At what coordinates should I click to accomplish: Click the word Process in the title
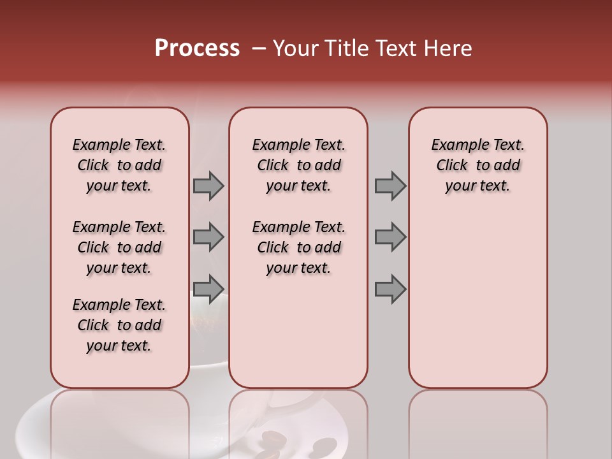point(197,48)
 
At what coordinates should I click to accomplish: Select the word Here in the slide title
point(446,48)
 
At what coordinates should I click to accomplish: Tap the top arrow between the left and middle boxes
point(208,186)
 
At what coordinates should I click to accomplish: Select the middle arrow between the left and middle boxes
point(208,237)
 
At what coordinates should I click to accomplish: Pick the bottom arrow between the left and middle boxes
point(208,289)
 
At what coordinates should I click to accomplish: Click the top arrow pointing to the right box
point(390,186)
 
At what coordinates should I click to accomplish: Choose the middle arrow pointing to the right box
point(390,237)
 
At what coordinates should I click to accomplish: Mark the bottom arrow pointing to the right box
point(390,289)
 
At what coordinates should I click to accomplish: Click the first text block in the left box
point(119,165)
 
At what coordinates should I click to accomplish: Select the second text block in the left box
point(119,247)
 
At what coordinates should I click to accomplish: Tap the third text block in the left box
point(119,325)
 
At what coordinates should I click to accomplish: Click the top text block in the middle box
point(298,165)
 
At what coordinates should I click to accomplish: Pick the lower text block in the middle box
point(298,247)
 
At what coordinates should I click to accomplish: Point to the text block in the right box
point(477,165)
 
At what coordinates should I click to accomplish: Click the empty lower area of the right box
point(477,300)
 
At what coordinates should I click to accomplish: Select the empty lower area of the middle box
point(298,331)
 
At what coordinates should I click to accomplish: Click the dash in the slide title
point(259,48)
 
